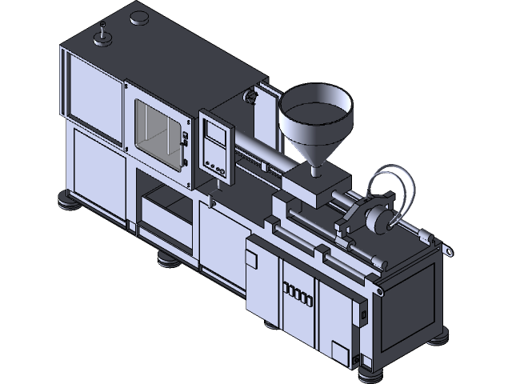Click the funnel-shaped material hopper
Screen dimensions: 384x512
(x=314, y=124)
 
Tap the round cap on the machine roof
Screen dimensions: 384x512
(x=142, y=17)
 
